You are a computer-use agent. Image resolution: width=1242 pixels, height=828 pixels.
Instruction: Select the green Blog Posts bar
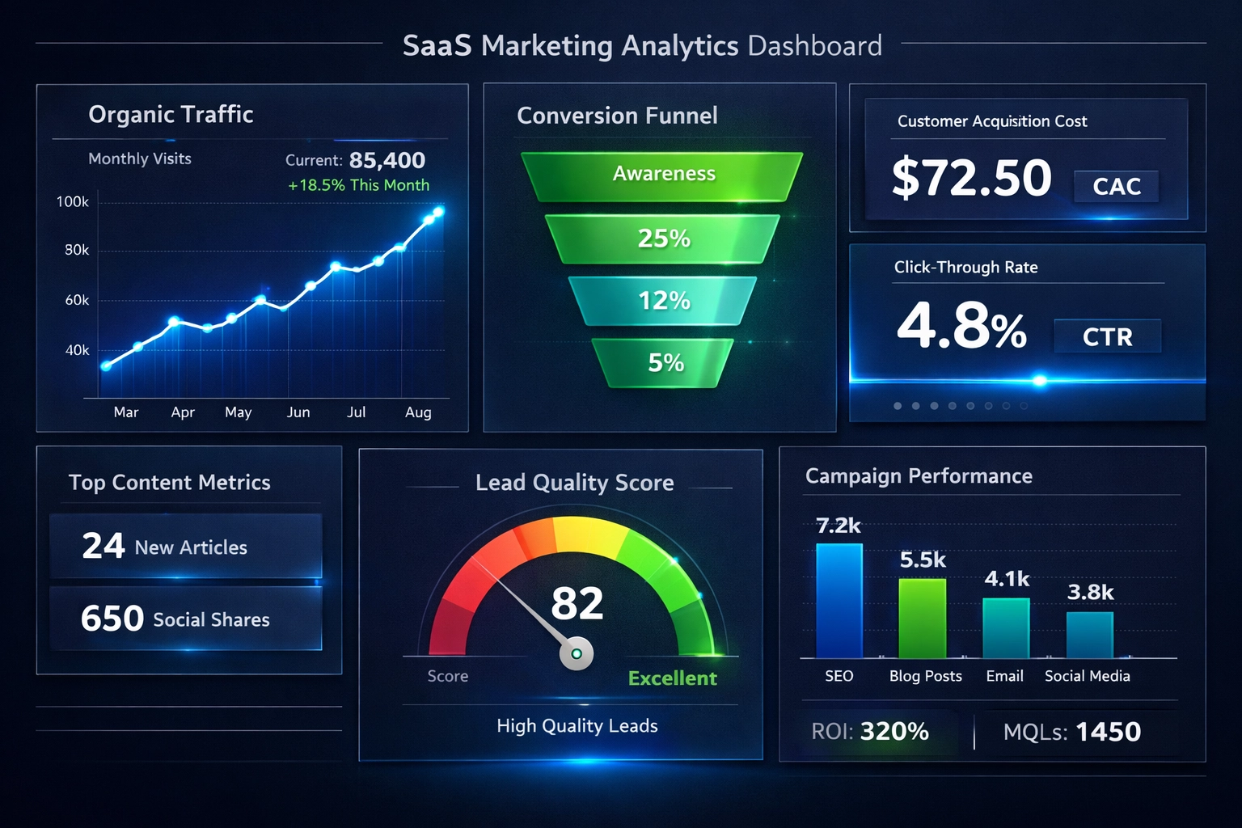pyautogui.click(x=922, y=619)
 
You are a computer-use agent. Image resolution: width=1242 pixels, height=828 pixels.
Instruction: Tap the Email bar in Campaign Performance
pyautogui.click(x=1006, y=628)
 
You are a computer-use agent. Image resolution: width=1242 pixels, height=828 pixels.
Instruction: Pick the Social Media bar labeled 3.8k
pyautogui.click(x=1089, y=635)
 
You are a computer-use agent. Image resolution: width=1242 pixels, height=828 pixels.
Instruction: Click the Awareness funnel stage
pyautogui.click(x=663, y=175)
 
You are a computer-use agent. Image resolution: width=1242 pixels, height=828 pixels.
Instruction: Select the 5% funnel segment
pyautogui.click(x=665, y=363)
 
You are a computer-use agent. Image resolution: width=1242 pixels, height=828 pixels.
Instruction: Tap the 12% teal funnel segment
pyautogui.click(x=663, y=301)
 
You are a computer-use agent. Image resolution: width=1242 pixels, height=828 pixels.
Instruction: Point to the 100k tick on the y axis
pyautogui.click(x=73, y=201)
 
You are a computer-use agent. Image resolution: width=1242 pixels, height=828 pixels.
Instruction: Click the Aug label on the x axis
pyautogui.click(x=418, y=412)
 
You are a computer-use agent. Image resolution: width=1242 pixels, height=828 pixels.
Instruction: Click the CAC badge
pyautogui.click(x=1116, y=187)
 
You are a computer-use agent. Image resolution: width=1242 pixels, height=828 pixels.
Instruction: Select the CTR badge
pyautogui.click(x=1107, y=336)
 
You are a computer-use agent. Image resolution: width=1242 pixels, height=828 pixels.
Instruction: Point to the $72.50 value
pyautogui.click(x=971, y=179)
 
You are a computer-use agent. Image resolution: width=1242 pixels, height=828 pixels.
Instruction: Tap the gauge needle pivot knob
pyautogui.click(x=577, y=653)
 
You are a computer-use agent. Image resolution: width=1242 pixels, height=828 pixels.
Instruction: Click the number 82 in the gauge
pyautogui.click(x=577, y=604)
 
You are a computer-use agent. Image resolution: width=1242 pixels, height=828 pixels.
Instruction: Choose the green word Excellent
pyautogui.click(x=672, y=678)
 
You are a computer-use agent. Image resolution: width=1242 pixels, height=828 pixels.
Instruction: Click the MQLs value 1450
pyautogui.click(x=1108, y=732)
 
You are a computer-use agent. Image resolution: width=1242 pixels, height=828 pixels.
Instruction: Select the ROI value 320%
pyautogui.click(x=894, y=732)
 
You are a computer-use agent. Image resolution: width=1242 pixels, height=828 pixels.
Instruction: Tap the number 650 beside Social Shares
pyautogui.click(x=112, y=619)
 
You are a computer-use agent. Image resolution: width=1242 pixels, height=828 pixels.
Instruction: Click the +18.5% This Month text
pyautogui.click(x=358, y=185)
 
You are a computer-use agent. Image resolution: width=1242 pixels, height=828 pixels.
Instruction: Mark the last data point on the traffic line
pyautogui.click(x=439, y=212)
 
